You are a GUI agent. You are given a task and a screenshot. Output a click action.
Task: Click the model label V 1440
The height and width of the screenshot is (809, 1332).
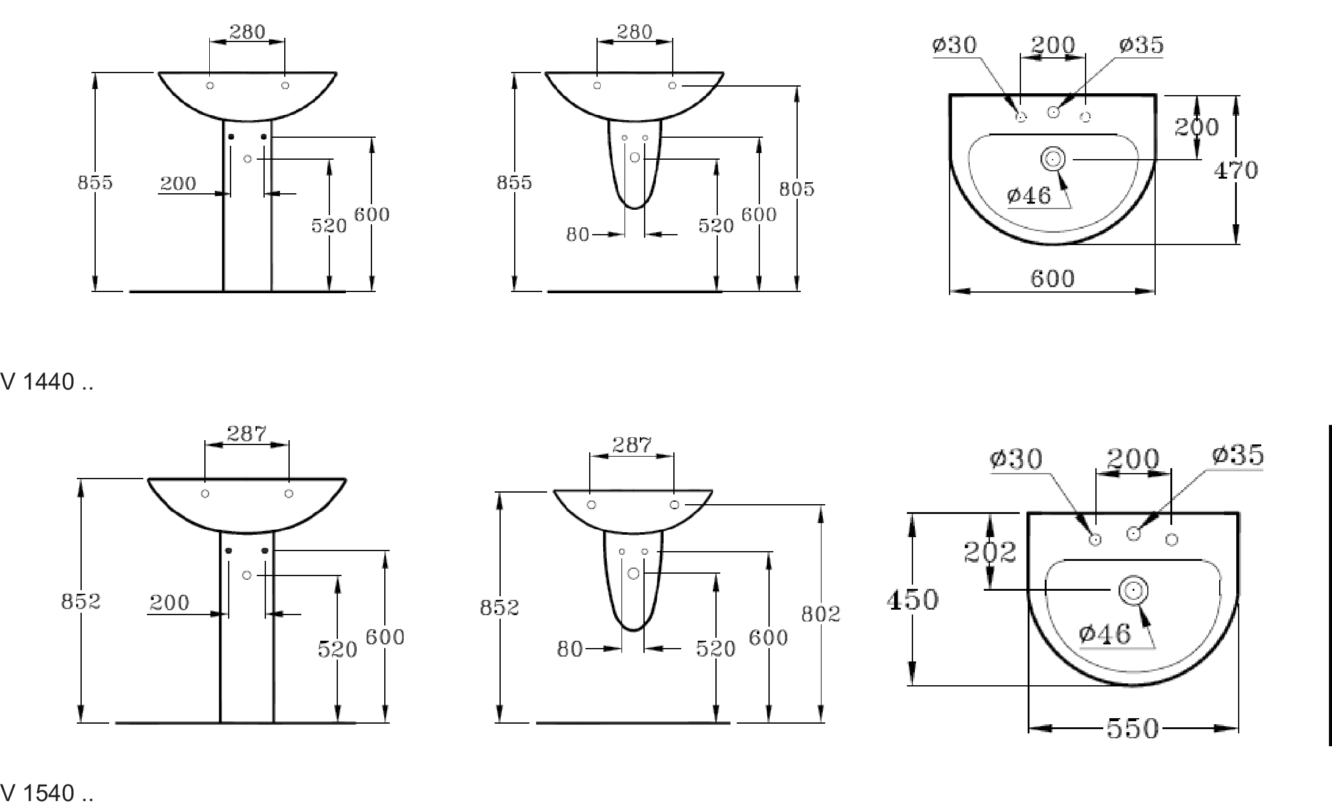tap(46, 382)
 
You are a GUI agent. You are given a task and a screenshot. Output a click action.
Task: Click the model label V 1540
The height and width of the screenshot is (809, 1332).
tap(46, 793)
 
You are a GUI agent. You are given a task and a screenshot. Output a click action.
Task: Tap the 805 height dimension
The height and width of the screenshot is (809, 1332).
tap(797, 190)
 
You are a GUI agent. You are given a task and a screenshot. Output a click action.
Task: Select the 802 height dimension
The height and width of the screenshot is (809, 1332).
tap(821, 614)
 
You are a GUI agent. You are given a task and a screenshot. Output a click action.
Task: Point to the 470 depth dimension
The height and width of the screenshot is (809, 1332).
tap(1236, 170)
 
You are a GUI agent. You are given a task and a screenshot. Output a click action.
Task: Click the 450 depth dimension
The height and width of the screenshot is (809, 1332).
tap(912, 600)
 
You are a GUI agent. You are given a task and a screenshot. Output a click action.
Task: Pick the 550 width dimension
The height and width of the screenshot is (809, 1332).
tap(1133, 729)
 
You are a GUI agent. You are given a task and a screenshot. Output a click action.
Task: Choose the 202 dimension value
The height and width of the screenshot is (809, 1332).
tap(990, 552)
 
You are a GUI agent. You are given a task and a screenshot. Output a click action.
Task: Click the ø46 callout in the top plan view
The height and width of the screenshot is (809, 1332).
tap(1029, 196)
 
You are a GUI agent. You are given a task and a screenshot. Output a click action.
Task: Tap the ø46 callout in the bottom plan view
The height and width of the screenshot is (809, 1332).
tap(1105, 634)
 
